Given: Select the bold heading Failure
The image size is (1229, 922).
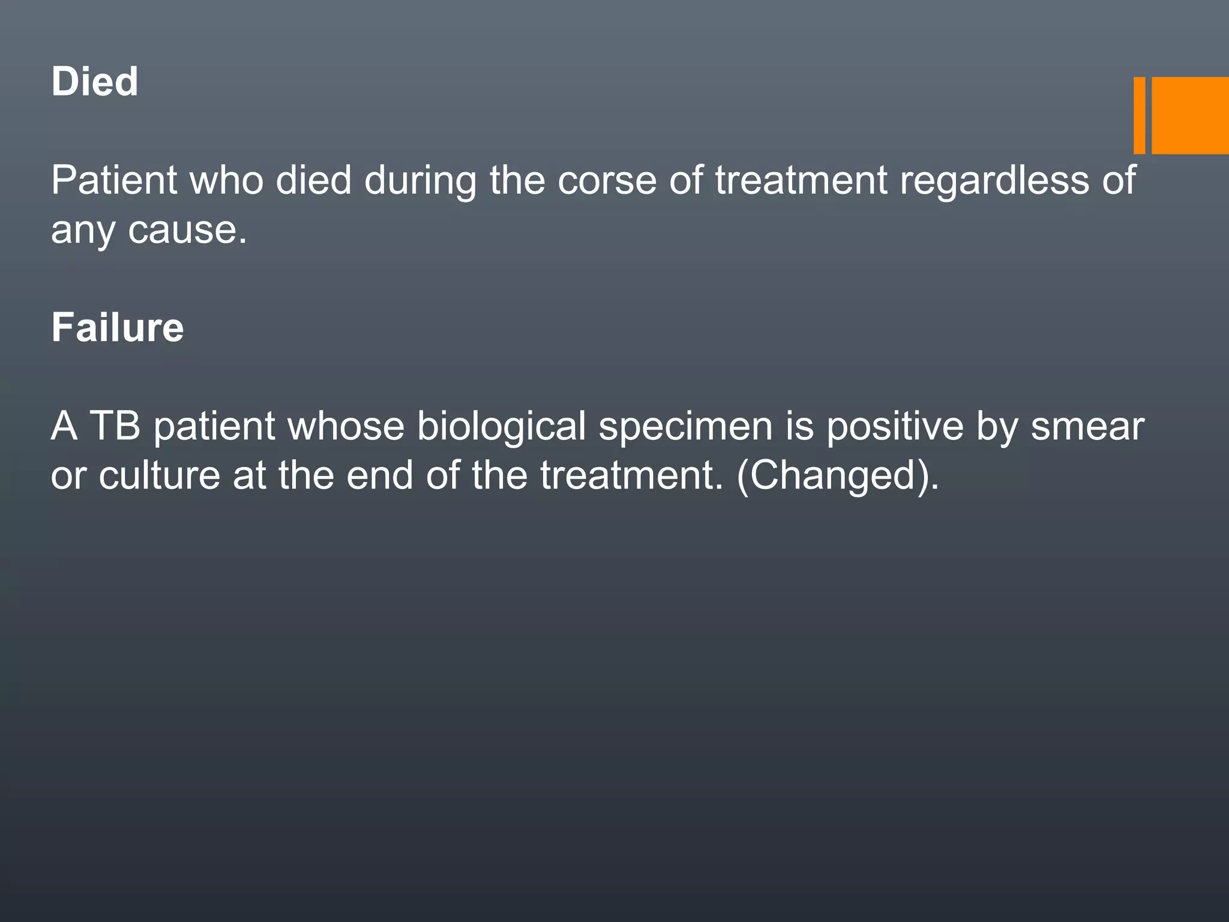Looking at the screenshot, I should pos(118,328).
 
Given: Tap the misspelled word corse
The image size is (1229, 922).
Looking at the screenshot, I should pos(607,179).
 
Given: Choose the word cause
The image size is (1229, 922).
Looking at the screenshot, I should pos(187,229).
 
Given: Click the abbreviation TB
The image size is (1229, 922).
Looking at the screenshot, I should pos(115,426).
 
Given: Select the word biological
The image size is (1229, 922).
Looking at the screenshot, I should pos(501,427).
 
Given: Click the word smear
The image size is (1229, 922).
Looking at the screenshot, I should pos(1087,427).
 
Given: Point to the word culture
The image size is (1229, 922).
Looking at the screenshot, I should pos(160,475).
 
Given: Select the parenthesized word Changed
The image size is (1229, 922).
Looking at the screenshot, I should pos(837,476).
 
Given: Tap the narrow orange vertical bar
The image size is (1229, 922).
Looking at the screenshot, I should pos(1139,115).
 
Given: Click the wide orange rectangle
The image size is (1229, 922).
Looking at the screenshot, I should pos(1190,115).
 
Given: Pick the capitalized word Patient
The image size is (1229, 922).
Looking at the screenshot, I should pos(114,179).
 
